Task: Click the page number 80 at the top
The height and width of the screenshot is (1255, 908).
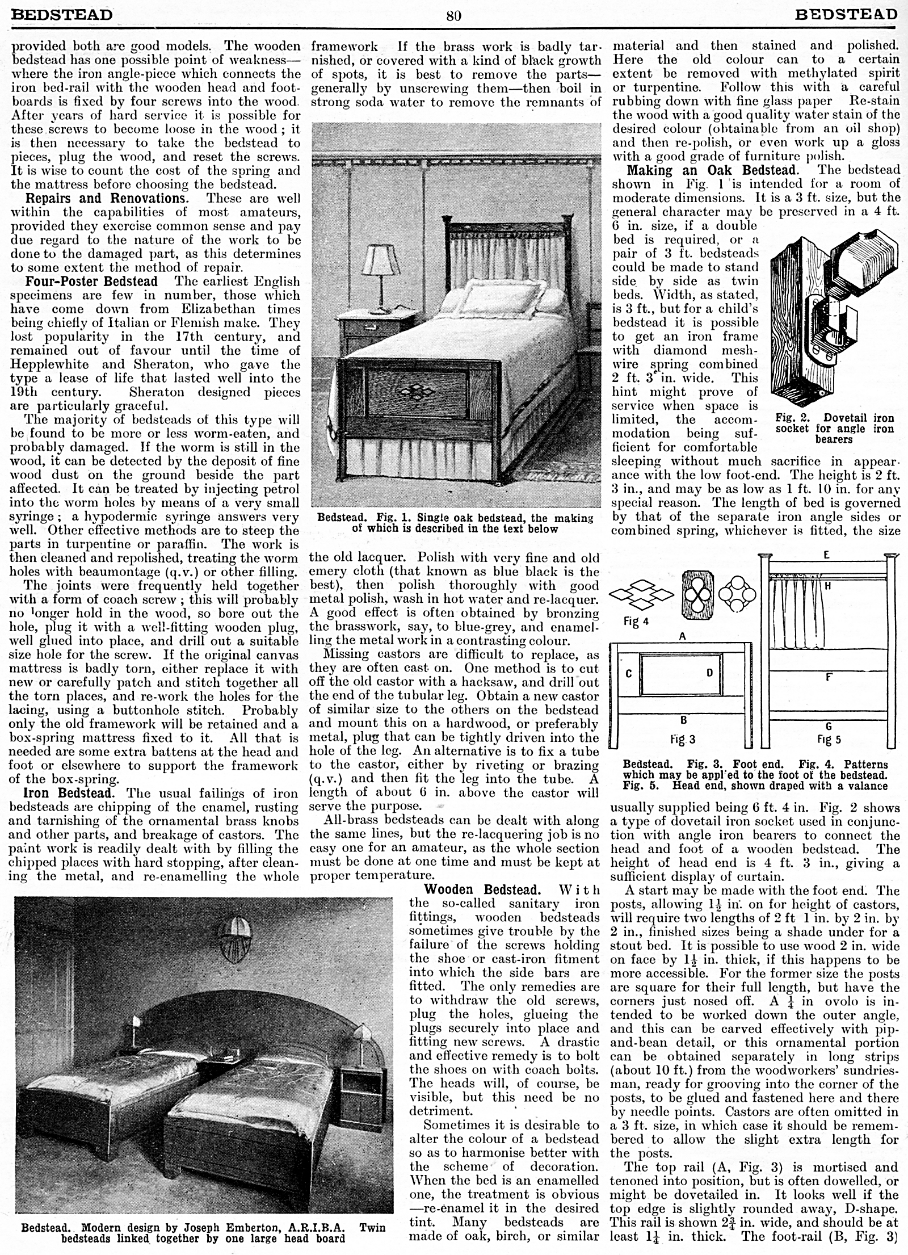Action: [453, 15]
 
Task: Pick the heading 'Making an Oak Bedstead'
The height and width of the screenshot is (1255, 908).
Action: [712, 170]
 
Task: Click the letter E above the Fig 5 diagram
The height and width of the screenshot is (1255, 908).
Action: [826, 555]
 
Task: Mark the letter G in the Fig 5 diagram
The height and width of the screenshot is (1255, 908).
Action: [828, 726]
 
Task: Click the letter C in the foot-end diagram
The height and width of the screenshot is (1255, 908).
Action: [629, 674]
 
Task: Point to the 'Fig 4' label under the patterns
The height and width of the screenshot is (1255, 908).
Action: [635, 622]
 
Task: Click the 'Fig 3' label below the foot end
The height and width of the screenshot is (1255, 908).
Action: [683, 740]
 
